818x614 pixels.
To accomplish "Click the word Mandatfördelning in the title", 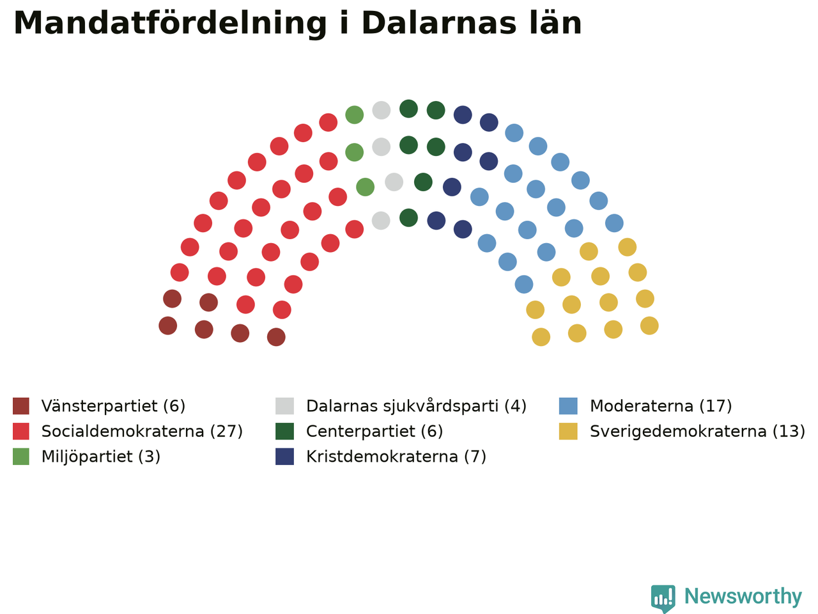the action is tap(170, 24).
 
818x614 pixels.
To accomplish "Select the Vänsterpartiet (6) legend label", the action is tap(113, 406).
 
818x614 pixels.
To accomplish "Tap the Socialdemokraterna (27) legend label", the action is tap(142, 431).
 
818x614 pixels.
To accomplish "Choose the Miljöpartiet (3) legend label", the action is tap(100, 457).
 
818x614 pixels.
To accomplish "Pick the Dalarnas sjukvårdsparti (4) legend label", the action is tap(416, 406).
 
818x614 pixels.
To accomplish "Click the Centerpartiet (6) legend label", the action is tap(374, 431).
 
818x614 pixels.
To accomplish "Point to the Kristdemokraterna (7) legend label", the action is tap(396, 457).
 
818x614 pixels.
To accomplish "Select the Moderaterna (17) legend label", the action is tap(661, 406).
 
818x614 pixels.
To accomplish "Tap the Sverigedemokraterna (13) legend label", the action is tap(697, 431).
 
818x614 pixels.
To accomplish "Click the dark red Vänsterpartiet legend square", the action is tap(21, 406).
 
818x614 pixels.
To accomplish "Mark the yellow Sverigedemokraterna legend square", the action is tap(568, 431).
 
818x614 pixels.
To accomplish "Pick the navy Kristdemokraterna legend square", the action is tap(285, 457).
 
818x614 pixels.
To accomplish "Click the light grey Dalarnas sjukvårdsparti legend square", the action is tap(285, 406).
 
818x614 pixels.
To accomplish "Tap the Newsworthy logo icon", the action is tap(663, 599).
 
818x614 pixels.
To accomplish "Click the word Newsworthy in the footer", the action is tap(743, 597).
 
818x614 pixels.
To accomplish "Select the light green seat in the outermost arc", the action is tap(355, 115).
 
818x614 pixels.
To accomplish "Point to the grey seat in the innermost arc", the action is tap(381, 221).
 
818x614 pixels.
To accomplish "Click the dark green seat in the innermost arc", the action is tap(408, 217).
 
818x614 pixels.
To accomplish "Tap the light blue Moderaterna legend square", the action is tap(568, 406).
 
